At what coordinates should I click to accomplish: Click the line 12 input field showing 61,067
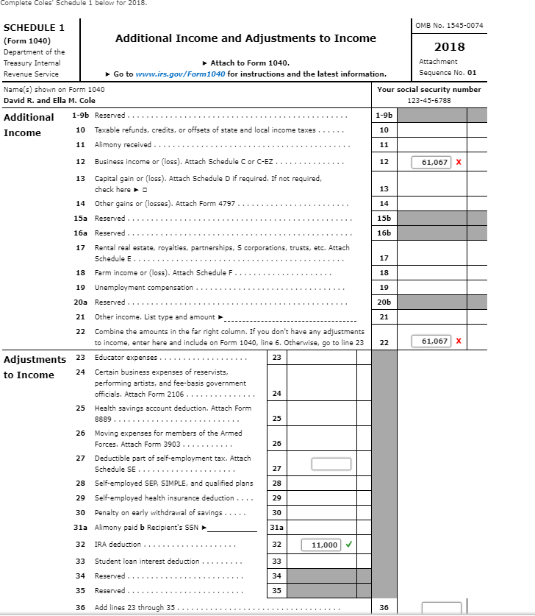(431, 162)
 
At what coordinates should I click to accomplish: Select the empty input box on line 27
(331, 464)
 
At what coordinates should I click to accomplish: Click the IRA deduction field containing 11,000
(320, 545)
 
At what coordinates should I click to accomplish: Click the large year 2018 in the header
(449, 46)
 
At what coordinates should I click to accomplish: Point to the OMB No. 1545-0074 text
(449, 26)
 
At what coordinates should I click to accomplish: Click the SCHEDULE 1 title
(35, 28)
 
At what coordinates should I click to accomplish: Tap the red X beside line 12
(459, 162)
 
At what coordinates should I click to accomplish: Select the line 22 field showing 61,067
(431, 341)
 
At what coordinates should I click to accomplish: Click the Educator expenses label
(126, 357)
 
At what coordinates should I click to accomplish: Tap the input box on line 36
(441, 608)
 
